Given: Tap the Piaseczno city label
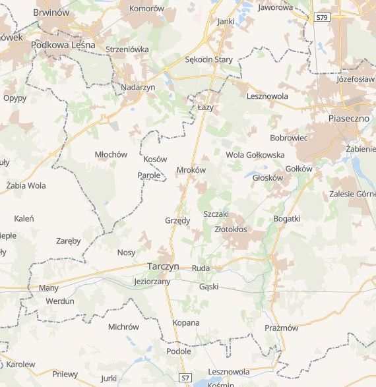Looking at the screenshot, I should (347, 118).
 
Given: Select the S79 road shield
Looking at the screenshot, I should (321, 18).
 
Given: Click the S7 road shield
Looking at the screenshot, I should (185, 378).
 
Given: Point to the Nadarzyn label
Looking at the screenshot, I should (138, 87).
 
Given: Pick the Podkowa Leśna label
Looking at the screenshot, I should (68, 45).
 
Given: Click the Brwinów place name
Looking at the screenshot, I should (51, 12).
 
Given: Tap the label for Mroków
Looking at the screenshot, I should (191, 169).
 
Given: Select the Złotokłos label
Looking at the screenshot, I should (231, 229).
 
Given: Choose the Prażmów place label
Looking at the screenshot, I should (281, 328).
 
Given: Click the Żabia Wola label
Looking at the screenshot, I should (26, 185).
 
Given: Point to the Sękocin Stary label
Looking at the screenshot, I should (209, 59).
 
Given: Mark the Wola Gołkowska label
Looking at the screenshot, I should (255, 155).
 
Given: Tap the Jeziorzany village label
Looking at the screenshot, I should (152, 282).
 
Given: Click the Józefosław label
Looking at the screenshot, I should (355, 79).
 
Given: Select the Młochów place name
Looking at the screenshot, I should (111, 154).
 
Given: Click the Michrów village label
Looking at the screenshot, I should (123, 326).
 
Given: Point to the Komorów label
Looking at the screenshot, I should (146, 9).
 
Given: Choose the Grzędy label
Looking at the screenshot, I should (178, 220).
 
